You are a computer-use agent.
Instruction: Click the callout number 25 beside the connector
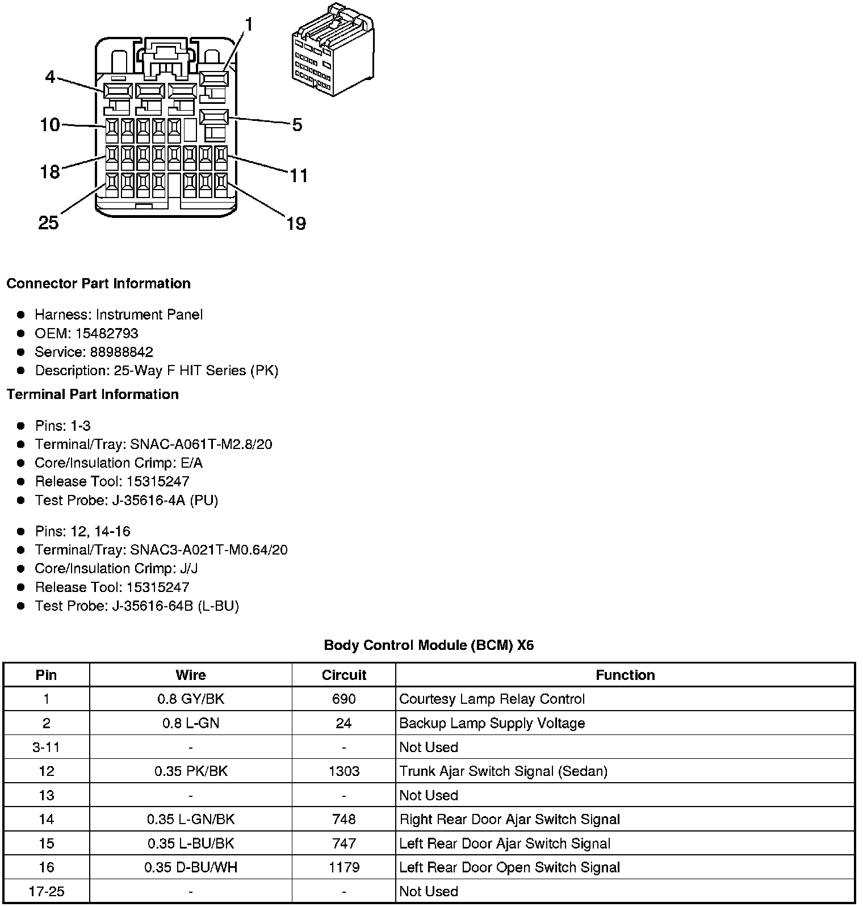pos(48,222)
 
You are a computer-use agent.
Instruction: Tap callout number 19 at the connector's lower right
pos(296,224)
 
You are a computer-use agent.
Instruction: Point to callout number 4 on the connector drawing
pos(51,77)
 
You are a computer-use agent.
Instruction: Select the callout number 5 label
pos(297,125)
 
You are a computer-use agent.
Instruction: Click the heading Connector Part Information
pos(98,284)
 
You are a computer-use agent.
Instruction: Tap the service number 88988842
pos(122,352)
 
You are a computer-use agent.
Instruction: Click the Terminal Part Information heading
pos(93,394)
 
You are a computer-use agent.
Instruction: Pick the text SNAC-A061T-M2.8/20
pos(201,444)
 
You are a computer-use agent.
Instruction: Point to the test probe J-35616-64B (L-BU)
pos(175,606)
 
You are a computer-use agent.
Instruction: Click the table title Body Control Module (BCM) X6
pos(429,645)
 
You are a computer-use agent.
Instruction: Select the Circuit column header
pos(343,675)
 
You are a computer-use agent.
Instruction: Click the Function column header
pos(625,675)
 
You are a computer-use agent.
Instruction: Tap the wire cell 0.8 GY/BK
pos(191,699)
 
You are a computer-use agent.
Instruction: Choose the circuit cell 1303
pos(343,771)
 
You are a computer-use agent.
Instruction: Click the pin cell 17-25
pos(47,892)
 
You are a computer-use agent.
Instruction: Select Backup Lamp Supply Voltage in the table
pos(492,724)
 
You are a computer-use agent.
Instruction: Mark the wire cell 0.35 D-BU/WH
pos(191,868)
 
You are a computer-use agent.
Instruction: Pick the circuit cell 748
pos(343,820)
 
